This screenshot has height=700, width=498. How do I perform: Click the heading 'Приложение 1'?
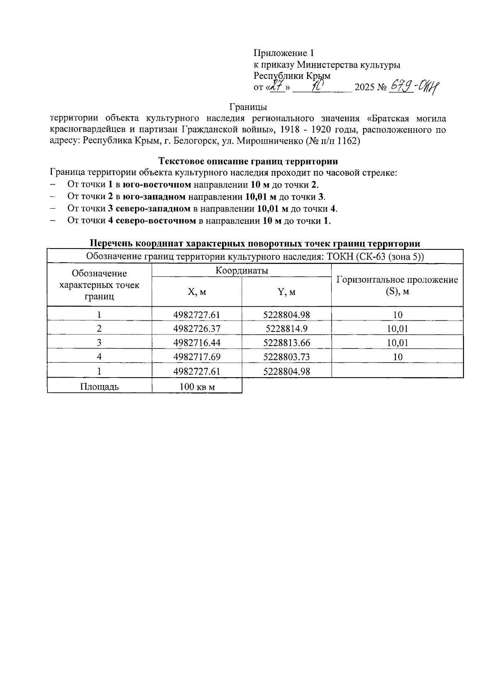[284, 53]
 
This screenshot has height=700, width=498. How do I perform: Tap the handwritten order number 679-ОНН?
[414, 87]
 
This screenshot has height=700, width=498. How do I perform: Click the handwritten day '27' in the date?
[276, 86]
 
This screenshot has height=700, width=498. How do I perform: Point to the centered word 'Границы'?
[248, 107]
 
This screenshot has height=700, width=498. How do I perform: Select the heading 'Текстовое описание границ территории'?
[248, 161]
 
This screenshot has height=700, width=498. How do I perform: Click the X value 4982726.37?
[197, 329]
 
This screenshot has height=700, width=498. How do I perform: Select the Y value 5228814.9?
[286, 329]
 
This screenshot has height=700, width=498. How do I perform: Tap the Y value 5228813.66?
[286, 343]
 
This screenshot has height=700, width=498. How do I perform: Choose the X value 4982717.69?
[197, 357]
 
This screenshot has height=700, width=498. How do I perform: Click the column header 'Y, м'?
[286, 292]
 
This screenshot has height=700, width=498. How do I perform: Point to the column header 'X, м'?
[197, 292]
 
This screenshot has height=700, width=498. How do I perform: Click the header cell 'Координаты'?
[242, 271]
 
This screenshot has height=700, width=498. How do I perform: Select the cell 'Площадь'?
[99, 387]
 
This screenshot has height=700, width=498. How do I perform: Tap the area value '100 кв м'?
[197, 387]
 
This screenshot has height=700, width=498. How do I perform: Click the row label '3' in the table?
[99, 343]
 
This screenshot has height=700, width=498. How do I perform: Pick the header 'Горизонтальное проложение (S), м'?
[397, 285]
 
